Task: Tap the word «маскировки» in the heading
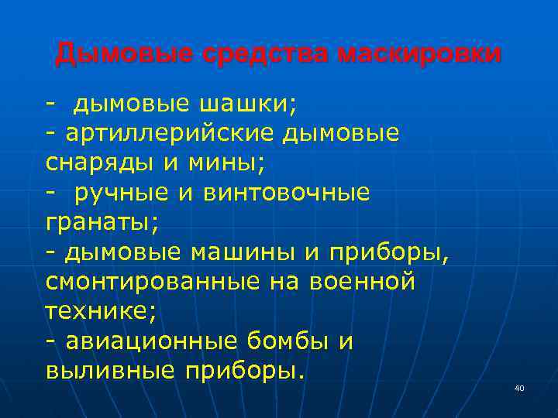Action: [x=419, y=54]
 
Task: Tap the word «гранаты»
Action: [x=99, y=223]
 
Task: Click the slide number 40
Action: [x=518, y=388]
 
